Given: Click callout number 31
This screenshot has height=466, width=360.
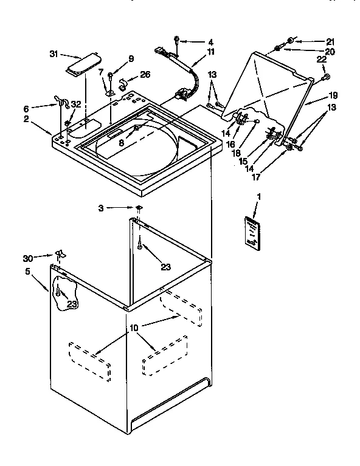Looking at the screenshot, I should (x=54, y=54).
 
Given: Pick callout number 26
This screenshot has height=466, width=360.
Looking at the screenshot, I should (x=144, y=76).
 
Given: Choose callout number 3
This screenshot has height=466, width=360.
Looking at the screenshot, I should (x=101, y=208).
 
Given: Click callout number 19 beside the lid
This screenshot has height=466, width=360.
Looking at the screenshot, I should (x=333, y=95).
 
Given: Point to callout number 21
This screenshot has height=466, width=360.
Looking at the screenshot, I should (x=330, y=42).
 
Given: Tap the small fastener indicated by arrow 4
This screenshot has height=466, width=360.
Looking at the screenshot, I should (x=176, y=41).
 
